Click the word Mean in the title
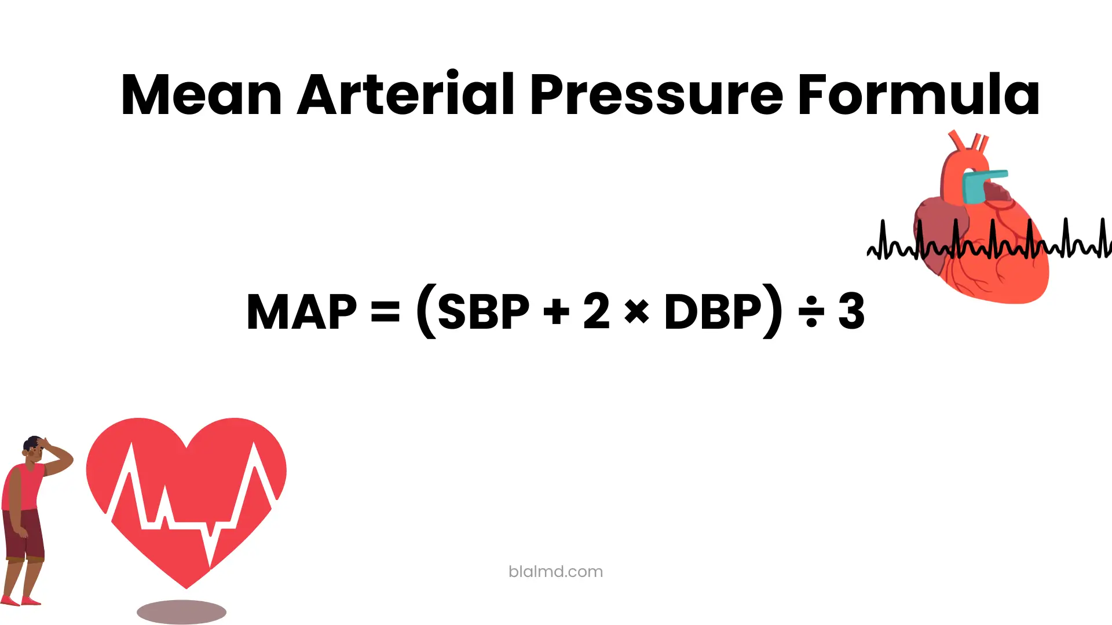201,95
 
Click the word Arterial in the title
405,95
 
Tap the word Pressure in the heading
656,95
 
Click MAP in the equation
301,312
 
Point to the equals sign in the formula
385,312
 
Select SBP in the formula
484,312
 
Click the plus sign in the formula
557,312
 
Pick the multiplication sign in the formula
637,313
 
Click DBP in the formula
712,312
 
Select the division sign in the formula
811,313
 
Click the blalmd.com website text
555,572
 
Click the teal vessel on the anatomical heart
980,187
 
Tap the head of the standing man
34,448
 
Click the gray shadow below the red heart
181,612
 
